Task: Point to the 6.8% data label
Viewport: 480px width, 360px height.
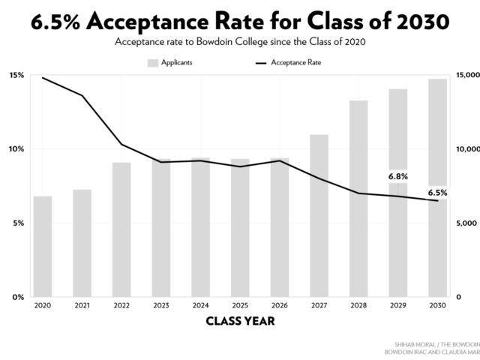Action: [x=397, y=176]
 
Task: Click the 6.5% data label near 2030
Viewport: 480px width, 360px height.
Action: [x=437, y=193]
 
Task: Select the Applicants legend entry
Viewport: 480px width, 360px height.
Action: [x=170, y=62]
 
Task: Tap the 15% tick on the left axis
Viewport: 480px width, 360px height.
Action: [x=16, y=75]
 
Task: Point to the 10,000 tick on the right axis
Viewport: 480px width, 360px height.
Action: [x=466, y=149]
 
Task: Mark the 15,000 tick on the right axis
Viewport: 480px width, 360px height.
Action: [x=466, y=75]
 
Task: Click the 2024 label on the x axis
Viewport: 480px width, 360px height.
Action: [x=200, y=306]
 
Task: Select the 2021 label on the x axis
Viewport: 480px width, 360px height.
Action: [x=82, y=306]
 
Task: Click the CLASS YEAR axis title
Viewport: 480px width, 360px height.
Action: [x=240, y=322]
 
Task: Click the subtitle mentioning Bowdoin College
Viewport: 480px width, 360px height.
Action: [x=240, y=42]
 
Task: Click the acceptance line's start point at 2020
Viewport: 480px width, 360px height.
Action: [x=43, y=78]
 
